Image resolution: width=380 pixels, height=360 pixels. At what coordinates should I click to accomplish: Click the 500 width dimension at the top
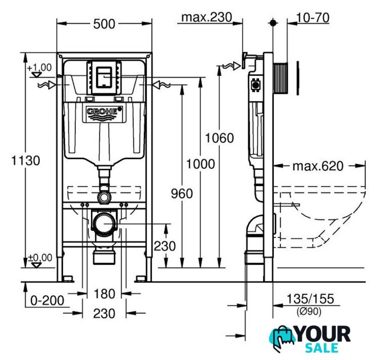(x=104, y=24)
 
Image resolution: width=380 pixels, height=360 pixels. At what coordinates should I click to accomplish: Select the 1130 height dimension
(x=26, y=160)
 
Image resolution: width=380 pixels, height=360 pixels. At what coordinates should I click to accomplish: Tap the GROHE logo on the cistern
(x=104, y=111)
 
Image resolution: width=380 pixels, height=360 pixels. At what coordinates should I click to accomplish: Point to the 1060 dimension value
(x=219, y=138)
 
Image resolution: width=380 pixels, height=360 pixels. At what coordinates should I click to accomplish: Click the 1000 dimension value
(x=200, y=164)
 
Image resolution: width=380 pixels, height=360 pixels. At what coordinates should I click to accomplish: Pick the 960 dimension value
(x=182, y=193)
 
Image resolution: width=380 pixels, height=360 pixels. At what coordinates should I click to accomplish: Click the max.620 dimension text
(x=318, y=166)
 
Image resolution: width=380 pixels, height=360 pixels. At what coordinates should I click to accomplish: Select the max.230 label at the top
(x=207, y=17)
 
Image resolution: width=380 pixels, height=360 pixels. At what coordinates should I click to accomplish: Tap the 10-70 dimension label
(x=313, y=17)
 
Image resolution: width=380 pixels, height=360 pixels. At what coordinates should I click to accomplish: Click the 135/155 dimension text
(x=310, y=299)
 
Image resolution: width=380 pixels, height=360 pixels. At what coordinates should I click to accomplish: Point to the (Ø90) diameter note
(x=309, y=311)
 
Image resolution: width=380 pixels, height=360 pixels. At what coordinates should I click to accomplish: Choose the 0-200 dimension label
(x=47, y=301)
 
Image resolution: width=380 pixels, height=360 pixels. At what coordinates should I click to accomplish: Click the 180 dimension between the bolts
(x=104, y=294)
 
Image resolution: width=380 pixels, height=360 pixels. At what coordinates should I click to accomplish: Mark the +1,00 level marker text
(x=39, y=67)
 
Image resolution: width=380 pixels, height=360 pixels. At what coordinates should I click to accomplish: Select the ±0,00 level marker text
(x=40, y=258)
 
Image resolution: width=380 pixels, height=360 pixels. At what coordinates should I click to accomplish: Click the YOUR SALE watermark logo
(x=310, y=339)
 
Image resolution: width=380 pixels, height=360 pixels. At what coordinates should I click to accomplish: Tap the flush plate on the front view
(x=104, y=78)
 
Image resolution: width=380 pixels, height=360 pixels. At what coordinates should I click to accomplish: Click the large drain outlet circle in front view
(x=105, y=223)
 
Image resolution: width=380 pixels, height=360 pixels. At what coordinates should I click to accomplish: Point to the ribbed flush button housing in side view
(x=281, y=78)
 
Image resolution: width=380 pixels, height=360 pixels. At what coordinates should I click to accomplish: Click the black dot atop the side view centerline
(x=273, y=23)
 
